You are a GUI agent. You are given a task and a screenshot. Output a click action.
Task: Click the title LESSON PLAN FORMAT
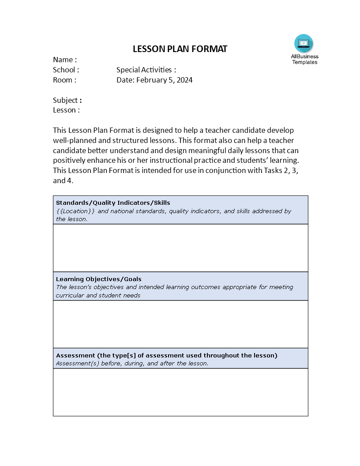pos(180,49)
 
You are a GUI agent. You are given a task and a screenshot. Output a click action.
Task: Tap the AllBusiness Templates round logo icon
pos(304,43)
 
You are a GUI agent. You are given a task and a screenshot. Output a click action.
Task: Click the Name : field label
pos(65,60)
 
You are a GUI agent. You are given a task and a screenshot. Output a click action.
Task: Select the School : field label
pos(66,70)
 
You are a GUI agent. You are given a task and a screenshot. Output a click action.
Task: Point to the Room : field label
pos(64,80)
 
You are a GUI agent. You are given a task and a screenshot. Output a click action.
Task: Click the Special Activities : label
pos(146,70)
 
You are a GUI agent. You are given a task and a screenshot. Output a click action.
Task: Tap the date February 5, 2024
pos(165,80)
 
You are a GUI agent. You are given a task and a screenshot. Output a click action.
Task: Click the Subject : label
pos(67,100)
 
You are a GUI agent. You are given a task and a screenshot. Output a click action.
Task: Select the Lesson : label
pos(66,110)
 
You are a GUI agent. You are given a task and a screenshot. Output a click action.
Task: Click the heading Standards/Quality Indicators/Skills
pos(113,203)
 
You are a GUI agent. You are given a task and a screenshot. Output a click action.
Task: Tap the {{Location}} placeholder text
pos(75,211)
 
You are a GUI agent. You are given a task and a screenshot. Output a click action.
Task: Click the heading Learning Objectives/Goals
pos(99,279)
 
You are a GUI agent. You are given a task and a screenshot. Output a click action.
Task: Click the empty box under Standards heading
pos(180,248)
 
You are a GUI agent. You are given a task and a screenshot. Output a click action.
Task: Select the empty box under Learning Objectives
pos(180,324)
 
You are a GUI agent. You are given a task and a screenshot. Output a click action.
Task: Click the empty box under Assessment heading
pos(180,392)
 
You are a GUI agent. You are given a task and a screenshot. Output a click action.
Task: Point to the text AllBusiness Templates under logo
pos(304,59)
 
